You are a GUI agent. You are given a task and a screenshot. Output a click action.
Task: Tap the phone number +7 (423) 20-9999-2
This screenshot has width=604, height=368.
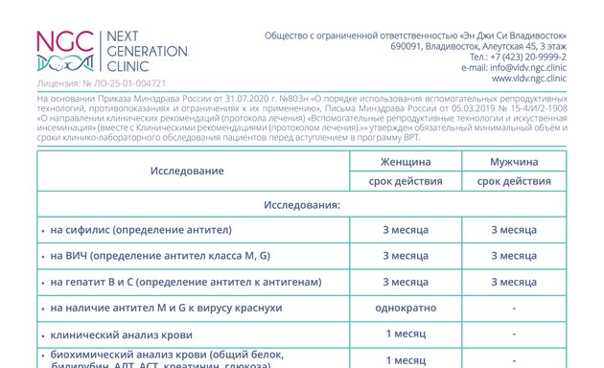tap(524, 57)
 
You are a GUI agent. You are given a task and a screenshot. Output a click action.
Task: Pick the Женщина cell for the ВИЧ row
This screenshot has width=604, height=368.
tap(405, 256)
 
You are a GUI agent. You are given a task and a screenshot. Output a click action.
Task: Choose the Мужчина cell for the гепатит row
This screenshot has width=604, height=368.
tap(513, 282)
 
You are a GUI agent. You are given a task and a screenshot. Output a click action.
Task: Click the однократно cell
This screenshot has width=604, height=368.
tap(405, 308)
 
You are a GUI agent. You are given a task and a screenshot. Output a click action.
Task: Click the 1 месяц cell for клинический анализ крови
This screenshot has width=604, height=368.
tap(405, 333)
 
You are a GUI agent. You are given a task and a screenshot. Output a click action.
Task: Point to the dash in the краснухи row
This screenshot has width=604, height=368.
tap(514, 308)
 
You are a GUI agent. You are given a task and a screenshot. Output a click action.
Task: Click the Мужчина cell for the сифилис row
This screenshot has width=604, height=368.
tap(513, 230)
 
